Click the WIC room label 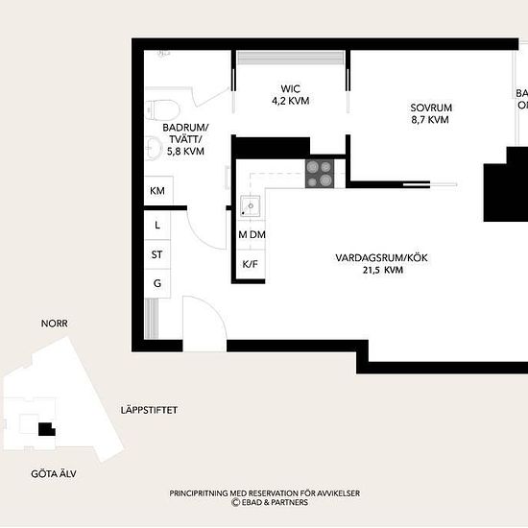(291, 89)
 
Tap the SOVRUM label (431, 108)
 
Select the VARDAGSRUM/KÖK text (381, 258)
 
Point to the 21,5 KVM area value (383, 270)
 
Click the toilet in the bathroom (162, 109)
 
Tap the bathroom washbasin (154, 148)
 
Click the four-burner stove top (320, 174)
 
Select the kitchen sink (250, 206)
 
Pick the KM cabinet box (158, 191)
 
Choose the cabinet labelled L (157, 225)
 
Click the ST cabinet (157, 254)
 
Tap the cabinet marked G (157, 283)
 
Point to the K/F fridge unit (251, 264)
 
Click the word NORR (54, 324)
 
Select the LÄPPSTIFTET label (149, 410)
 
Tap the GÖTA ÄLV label (54, 474)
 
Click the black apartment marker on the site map (46, 429)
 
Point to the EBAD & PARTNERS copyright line (270, 502)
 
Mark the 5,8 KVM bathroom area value (185, 151)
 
